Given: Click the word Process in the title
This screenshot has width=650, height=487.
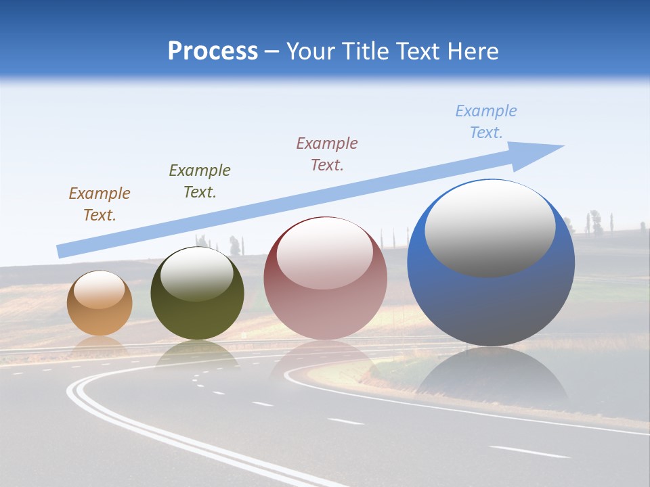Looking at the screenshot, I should (x=213, y=51).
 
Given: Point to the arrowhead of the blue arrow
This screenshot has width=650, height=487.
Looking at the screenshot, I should (x=542, y=152).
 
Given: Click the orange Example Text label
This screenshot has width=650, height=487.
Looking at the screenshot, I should (x=100, y=204).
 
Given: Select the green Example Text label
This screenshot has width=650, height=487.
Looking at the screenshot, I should (x=200, y=181).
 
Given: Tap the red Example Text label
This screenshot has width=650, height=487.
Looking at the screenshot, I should (x=327, y=154).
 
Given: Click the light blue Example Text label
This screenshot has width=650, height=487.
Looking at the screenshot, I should (x=486, y=122).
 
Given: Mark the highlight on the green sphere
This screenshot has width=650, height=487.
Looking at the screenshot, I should (x=197, y=275).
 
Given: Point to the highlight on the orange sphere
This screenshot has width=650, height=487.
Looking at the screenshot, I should (x=100, y=290).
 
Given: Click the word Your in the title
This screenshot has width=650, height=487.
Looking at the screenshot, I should (x=312, y=51).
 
